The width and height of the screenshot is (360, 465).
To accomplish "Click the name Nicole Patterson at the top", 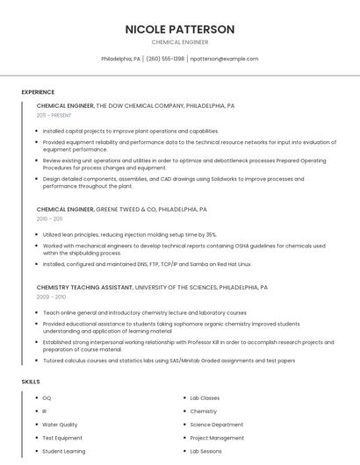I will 180,29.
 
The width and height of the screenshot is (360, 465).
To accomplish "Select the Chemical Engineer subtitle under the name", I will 180,41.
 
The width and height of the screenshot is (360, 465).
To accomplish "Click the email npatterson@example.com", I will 224,59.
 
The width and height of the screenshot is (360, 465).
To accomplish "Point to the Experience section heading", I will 38,92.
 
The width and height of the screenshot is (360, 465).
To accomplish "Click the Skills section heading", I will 31,382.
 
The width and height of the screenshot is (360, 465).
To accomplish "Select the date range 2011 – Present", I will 54,115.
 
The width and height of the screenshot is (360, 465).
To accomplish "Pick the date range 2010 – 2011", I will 50,218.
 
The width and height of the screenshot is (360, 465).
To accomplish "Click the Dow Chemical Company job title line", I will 135,105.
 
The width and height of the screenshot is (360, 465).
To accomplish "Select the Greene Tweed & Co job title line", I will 121,210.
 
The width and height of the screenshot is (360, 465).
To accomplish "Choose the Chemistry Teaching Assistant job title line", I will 152,287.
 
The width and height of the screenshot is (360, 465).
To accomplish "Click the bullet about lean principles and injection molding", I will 129,235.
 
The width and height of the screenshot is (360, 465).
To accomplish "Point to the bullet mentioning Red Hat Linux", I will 146,263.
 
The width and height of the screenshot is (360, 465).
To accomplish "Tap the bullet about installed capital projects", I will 130,131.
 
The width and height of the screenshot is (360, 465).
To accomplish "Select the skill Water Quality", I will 60,425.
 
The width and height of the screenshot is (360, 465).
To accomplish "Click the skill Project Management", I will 217,438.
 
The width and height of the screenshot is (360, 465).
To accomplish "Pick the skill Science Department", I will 216,425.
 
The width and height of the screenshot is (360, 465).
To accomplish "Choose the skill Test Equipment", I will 61,438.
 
